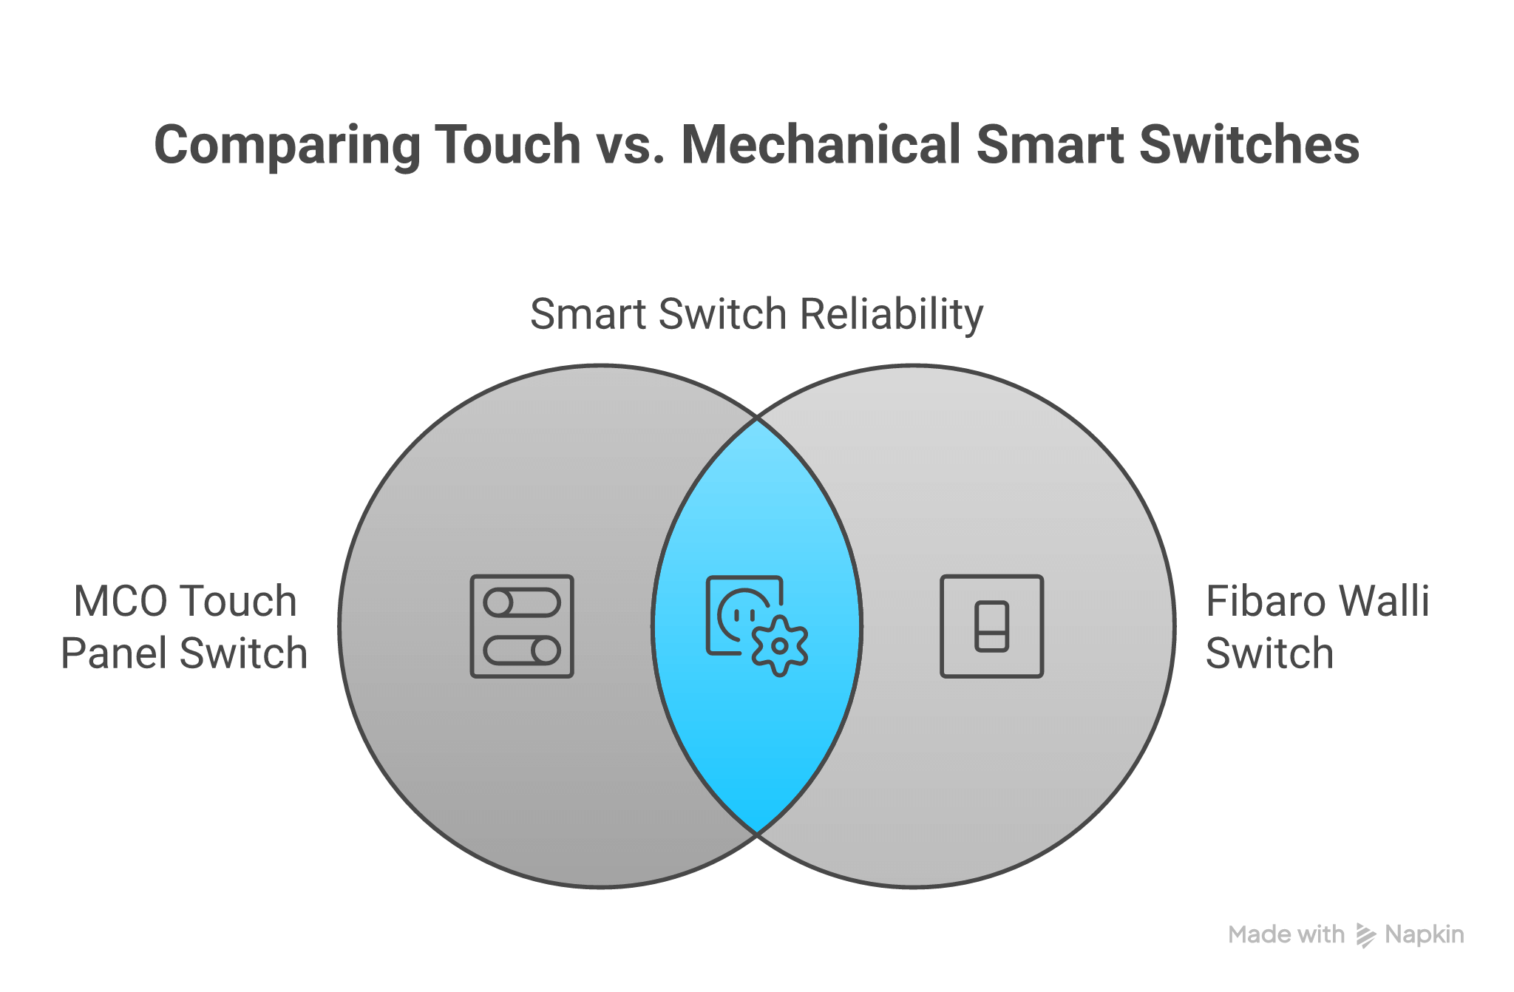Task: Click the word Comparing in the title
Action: (287, 145)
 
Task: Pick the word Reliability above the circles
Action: (892, 314)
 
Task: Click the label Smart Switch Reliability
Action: (756, 314)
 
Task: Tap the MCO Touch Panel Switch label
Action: (185, 627)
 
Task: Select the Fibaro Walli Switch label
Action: (1317, 627)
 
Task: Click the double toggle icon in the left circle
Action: (522, 626)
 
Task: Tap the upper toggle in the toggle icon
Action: (522, 602)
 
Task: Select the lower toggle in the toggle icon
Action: (522, 650)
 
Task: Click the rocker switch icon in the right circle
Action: (991, 626)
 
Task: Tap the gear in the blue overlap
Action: (779, 645)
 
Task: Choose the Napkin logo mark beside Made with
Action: (1365, 935)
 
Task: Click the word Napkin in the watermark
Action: (1425, 935)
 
